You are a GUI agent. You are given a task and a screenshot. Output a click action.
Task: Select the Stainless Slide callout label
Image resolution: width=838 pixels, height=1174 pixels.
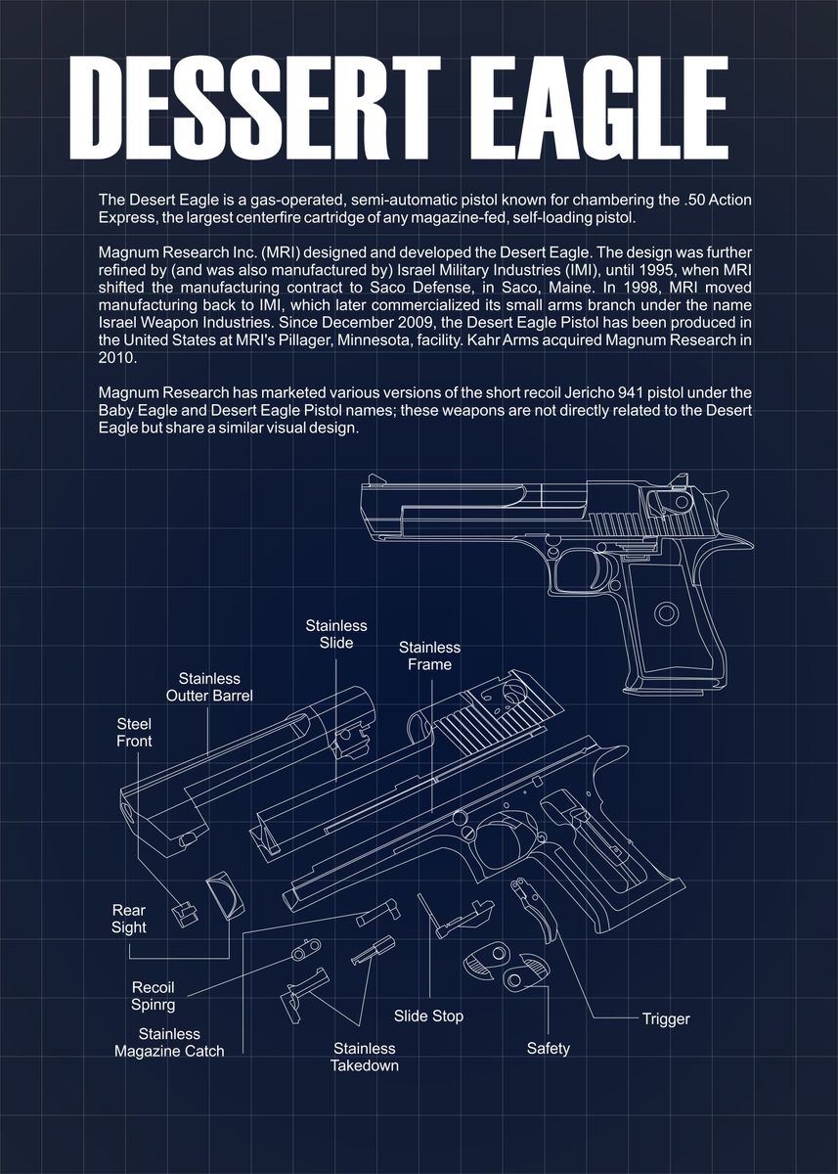[335, 634]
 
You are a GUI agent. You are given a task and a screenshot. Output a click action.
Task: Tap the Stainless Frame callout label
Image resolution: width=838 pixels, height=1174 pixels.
[429, 655]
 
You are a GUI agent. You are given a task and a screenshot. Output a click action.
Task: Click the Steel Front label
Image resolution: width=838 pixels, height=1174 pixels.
[134, 732]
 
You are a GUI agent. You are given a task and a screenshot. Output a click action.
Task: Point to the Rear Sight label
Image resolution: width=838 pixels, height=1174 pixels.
[128, 919]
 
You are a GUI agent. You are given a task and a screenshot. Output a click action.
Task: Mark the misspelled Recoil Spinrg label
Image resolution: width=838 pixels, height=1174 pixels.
[153, 995]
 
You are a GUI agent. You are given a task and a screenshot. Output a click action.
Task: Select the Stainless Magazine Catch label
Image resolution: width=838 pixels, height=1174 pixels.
[169, 1042]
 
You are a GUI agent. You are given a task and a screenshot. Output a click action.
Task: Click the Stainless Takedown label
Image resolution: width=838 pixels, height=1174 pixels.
[364, 1057]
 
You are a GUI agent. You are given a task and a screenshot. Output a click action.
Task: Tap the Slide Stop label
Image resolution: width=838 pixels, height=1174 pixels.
[428, 1016]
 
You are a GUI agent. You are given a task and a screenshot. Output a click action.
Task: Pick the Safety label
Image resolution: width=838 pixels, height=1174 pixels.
[548, 1048]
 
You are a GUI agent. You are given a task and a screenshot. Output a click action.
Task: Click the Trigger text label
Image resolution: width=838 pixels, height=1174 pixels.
[665, 1018]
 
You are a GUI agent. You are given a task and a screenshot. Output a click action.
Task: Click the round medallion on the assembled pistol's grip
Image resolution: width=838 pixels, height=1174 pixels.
[668, 613]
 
